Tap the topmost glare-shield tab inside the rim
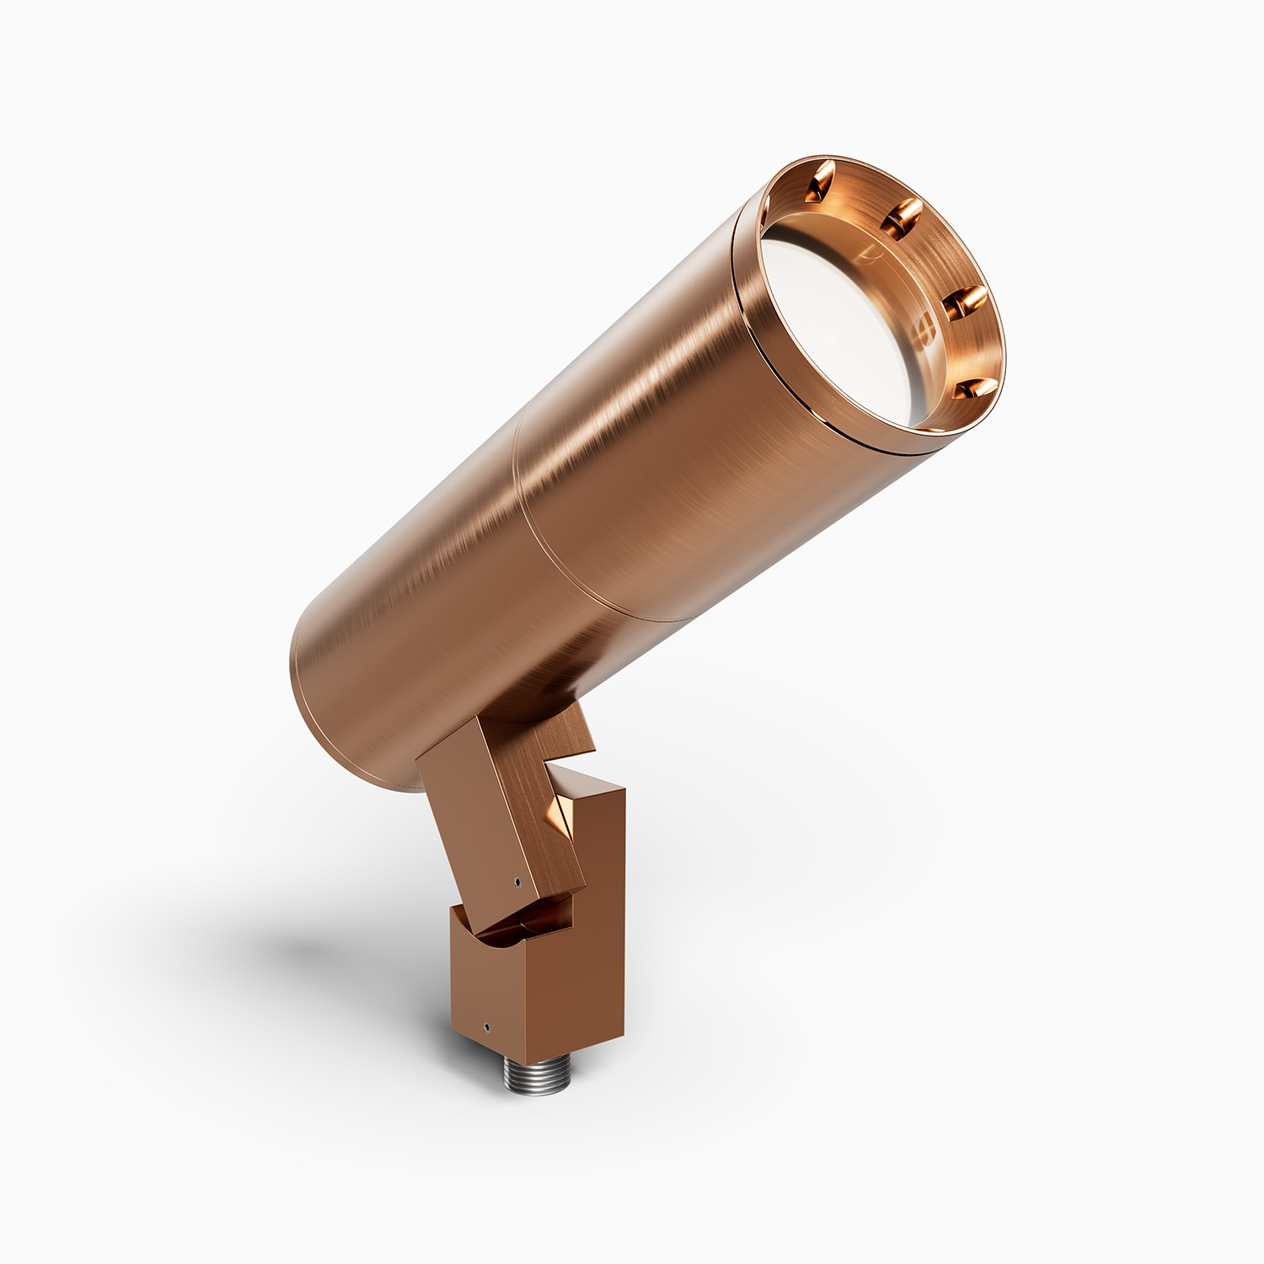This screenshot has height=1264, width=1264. coord(819,181)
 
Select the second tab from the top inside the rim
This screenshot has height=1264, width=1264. coord(902,217)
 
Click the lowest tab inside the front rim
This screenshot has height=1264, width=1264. coord(975,388)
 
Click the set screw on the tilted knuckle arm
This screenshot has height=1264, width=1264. coord(517,882)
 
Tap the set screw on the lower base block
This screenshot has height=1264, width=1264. coord(486,1027)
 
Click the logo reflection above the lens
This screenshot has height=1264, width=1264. coord(868,250)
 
